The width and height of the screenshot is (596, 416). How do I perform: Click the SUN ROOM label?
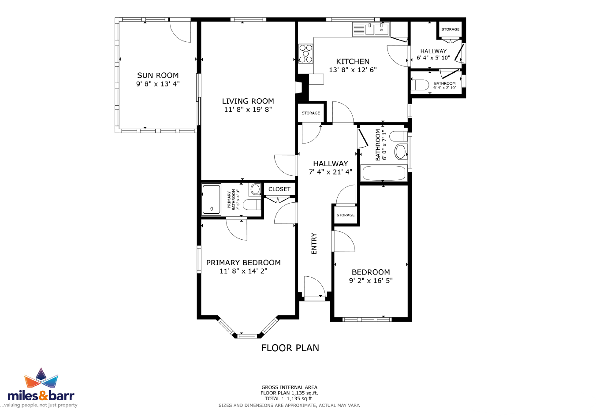pyautogui.click(x=158, y=75)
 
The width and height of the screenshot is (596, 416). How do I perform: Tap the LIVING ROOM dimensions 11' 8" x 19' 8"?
pyautogui.click(x=248, y=110)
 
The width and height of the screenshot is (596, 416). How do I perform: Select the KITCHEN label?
pyautogui.click(x=353, y=61)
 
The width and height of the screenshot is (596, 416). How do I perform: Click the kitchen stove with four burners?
pyautogui.click(x=306, y=54)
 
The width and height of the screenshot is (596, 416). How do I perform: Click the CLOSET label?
pyautogui.click(x=279, y=189)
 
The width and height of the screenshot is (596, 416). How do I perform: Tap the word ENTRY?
pyautogui.click(x=314, y=244)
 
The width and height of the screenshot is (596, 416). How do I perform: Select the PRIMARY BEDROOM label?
pyautogui.click(x=243, y=263)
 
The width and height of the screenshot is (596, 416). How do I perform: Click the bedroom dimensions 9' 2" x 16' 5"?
pyautogui.click(x=371, y=281)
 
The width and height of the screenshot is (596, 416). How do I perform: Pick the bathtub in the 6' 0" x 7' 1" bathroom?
pyautogui.click(x=384, y=173)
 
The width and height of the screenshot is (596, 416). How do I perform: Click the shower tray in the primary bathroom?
pyautogui.click(x=212, y=200)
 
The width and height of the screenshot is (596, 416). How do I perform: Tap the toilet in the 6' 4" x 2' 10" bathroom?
pyautogui.click(x=420, y=85)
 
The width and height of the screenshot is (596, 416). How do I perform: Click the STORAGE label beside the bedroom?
pyautogui.click(x=345, y=215)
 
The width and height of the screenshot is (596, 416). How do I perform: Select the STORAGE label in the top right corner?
pyautogui.click(x=450, y=29)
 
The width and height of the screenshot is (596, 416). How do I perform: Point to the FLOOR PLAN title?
pyautogui.click(x=290, y=348)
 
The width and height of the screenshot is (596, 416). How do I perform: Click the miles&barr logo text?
pyautogui.click(x=41, y=396)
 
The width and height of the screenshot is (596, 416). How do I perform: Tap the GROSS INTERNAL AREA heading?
pyautogui.click(x=289, y=387)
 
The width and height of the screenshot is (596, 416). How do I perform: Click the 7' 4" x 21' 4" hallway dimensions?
pyautogui.click(x=330, y=172)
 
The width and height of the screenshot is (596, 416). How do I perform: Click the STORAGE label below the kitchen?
pyautogui.click(x=310, y=113)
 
